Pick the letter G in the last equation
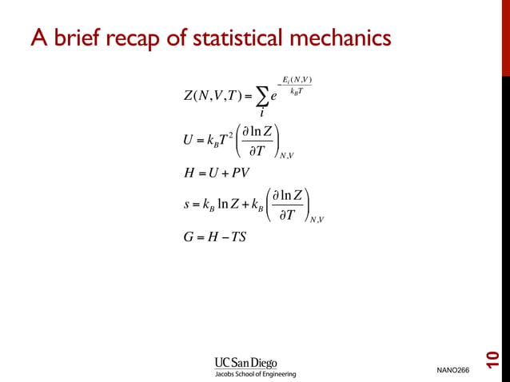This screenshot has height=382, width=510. pos(189,237)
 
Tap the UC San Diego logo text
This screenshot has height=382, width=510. pos(245,362)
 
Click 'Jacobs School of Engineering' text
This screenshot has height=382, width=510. pos(253,373)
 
